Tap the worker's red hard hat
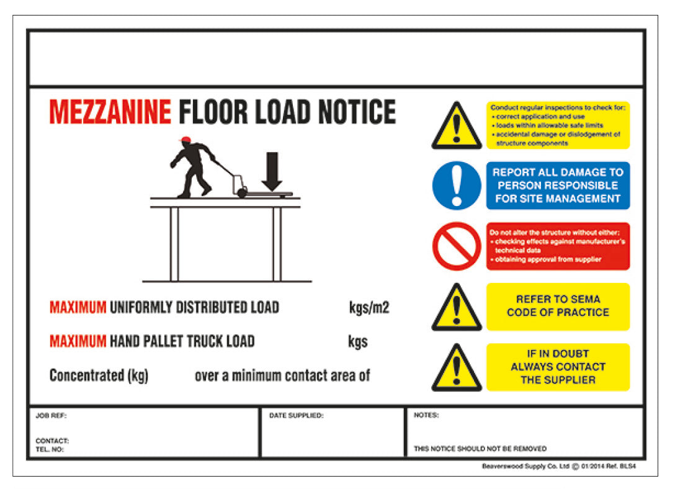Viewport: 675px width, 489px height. point(184,140)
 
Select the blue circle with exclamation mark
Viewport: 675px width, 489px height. point(457,186)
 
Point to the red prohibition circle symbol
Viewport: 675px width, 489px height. point(457,246)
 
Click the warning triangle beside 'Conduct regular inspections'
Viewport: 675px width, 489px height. point(457,127)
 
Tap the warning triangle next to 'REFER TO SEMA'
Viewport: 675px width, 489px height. point(457,308)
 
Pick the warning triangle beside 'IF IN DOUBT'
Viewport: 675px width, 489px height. point(457,369)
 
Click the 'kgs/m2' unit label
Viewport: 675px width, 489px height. point(369,308)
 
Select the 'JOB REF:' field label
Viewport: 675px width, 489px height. point(51,416)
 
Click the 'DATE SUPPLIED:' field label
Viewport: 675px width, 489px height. point(296,416)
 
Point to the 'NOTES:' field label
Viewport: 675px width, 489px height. point(426,415)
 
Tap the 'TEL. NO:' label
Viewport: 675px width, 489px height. point(50,449)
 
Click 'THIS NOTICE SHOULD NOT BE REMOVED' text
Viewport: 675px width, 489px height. point(480,449)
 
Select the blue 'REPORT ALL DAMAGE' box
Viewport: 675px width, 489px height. point(558,186)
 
